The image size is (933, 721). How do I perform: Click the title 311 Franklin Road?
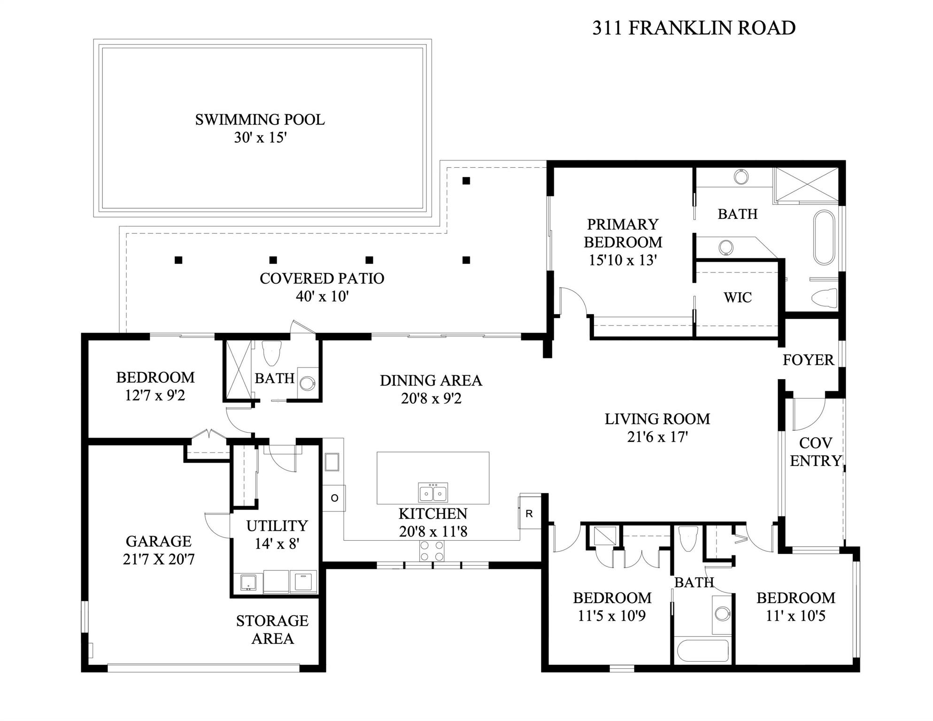tap(694, 28)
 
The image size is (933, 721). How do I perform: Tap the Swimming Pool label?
tap(260, 120)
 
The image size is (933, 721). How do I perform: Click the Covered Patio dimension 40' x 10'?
tap(322, 297)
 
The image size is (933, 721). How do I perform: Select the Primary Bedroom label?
tap(623, 233)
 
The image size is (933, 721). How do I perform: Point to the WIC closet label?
tap(738, 297)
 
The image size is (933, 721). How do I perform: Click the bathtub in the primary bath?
tap(824, 238)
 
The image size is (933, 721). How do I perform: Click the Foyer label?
tap(808, 360)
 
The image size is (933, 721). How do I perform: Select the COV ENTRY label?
tap(816, 452)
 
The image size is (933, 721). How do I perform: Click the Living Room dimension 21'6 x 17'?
tap(657, 437)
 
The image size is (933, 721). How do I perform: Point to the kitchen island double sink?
tap(433, 493)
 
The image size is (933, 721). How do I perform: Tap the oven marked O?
tap(334, 498)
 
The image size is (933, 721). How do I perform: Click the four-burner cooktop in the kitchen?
tap(432, 551)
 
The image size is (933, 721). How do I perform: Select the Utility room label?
tap(277, 526)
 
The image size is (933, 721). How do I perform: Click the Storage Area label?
tap(272, 630)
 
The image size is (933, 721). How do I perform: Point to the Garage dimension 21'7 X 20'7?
tap(159, 560)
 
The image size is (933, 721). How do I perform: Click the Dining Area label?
tap(431, 380)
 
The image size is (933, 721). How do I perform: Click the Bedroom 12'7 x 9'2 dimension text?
tap(155, 395)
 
